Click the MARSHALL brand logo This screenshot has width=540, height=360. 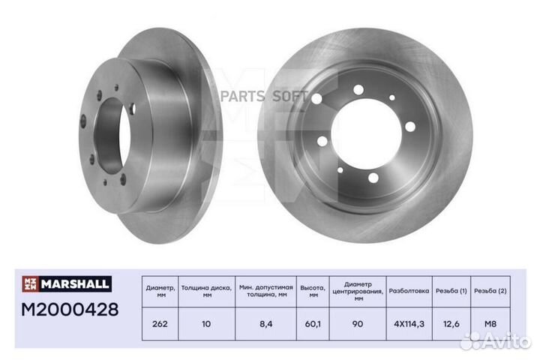click(x=67, y=283)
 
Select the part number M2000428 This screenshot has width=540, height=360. click(x=70, y=309)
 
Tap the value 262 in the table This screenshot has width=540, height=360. click(x=160, y=324)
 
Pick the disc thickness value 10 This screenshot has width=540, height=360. click(x=206, y=324)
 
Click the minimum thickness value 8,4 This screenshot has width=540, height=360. click(x=265, y=324)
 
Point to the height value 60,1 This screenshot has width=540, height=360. click(x=313, y=324)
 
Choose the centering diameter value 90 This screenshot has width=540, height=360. click(x=358, y=324)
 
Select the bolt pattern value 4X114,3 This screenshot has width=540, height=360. click(x=409, y=324)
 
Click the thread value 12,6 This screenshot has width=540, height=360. click(x=451, y=324)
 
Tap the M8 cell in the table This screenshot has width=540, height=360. click(x=490, y=324)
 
